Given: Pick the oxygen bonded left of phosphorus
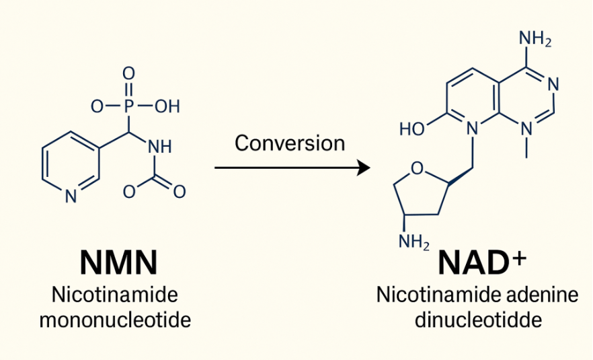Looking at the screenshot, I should coord(98,106).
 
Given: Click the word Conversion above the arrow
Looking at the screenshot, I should coord(290,143).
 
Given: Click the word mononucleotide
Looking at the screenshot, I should coord(115,318).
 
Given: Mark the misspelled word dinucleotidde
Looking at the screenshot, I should coord(478,320).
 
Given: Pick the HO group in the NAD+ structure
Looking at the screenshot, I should coord(412,129).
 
